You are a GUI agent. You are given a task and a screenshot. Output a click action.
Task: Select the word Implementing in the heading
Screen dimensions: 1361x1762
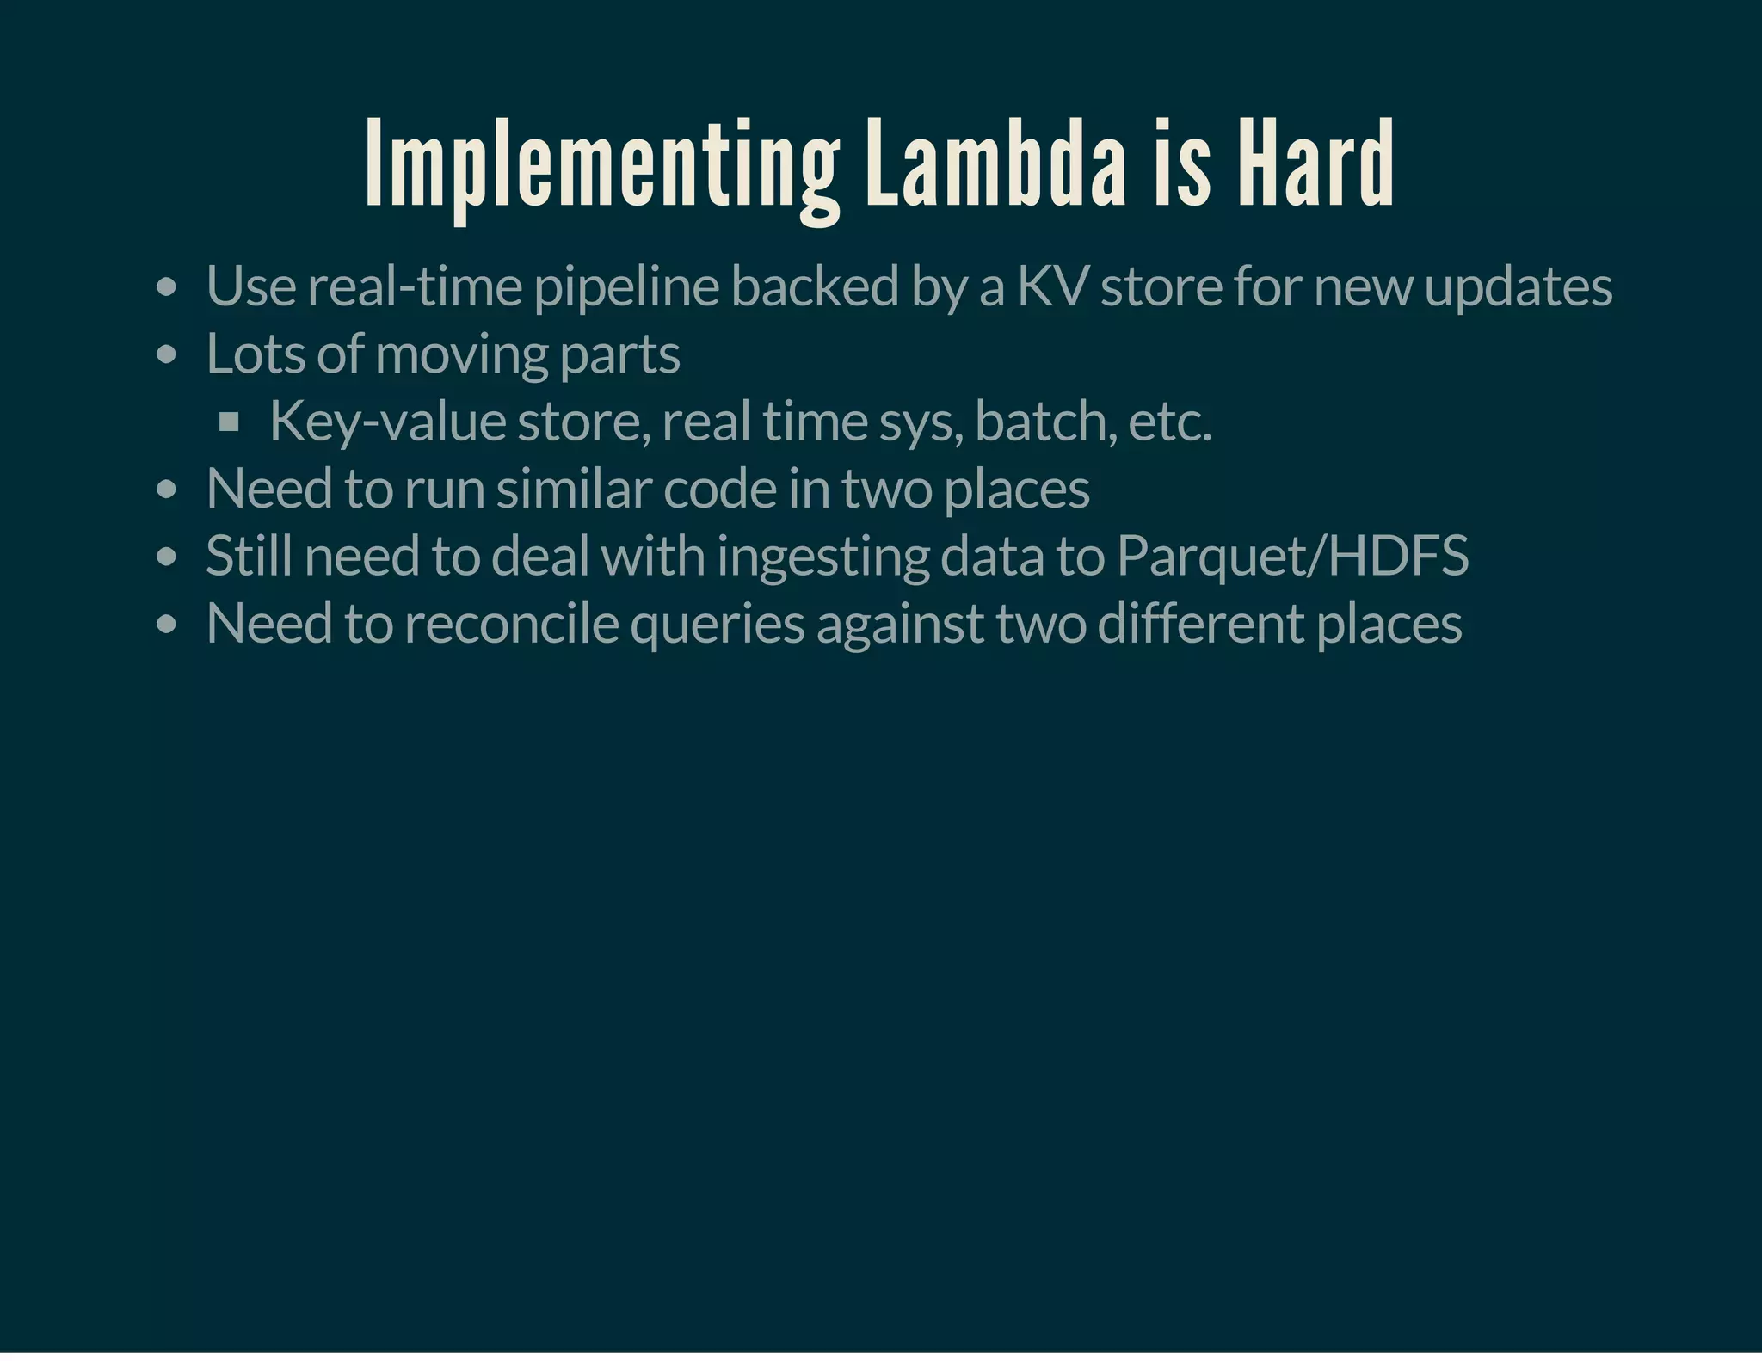[x=602, y=168]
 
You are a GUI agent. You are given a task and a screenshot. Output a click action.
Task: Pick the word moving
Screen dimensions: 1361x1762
[x=461, y=355]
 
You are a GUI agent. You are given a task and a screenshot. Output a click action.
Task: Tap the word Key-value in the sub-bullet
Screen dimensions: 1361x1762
[x=387, y=422]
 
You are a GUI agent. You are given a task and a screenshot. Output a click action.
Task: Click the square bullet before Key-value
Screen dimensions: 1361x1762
[x=229, y=422]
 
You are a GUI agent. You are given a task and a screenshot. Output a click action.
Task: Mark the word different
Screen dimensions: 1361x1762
[x=1201, y=624]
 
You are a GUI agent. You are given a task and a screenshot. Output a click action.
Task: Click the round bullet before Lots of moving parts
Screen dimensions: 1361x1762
[x=167, y=355]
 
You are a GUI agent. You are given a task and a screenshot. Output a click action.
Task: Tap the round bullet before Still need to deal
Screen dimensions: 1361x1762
[x=167, y=557]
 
